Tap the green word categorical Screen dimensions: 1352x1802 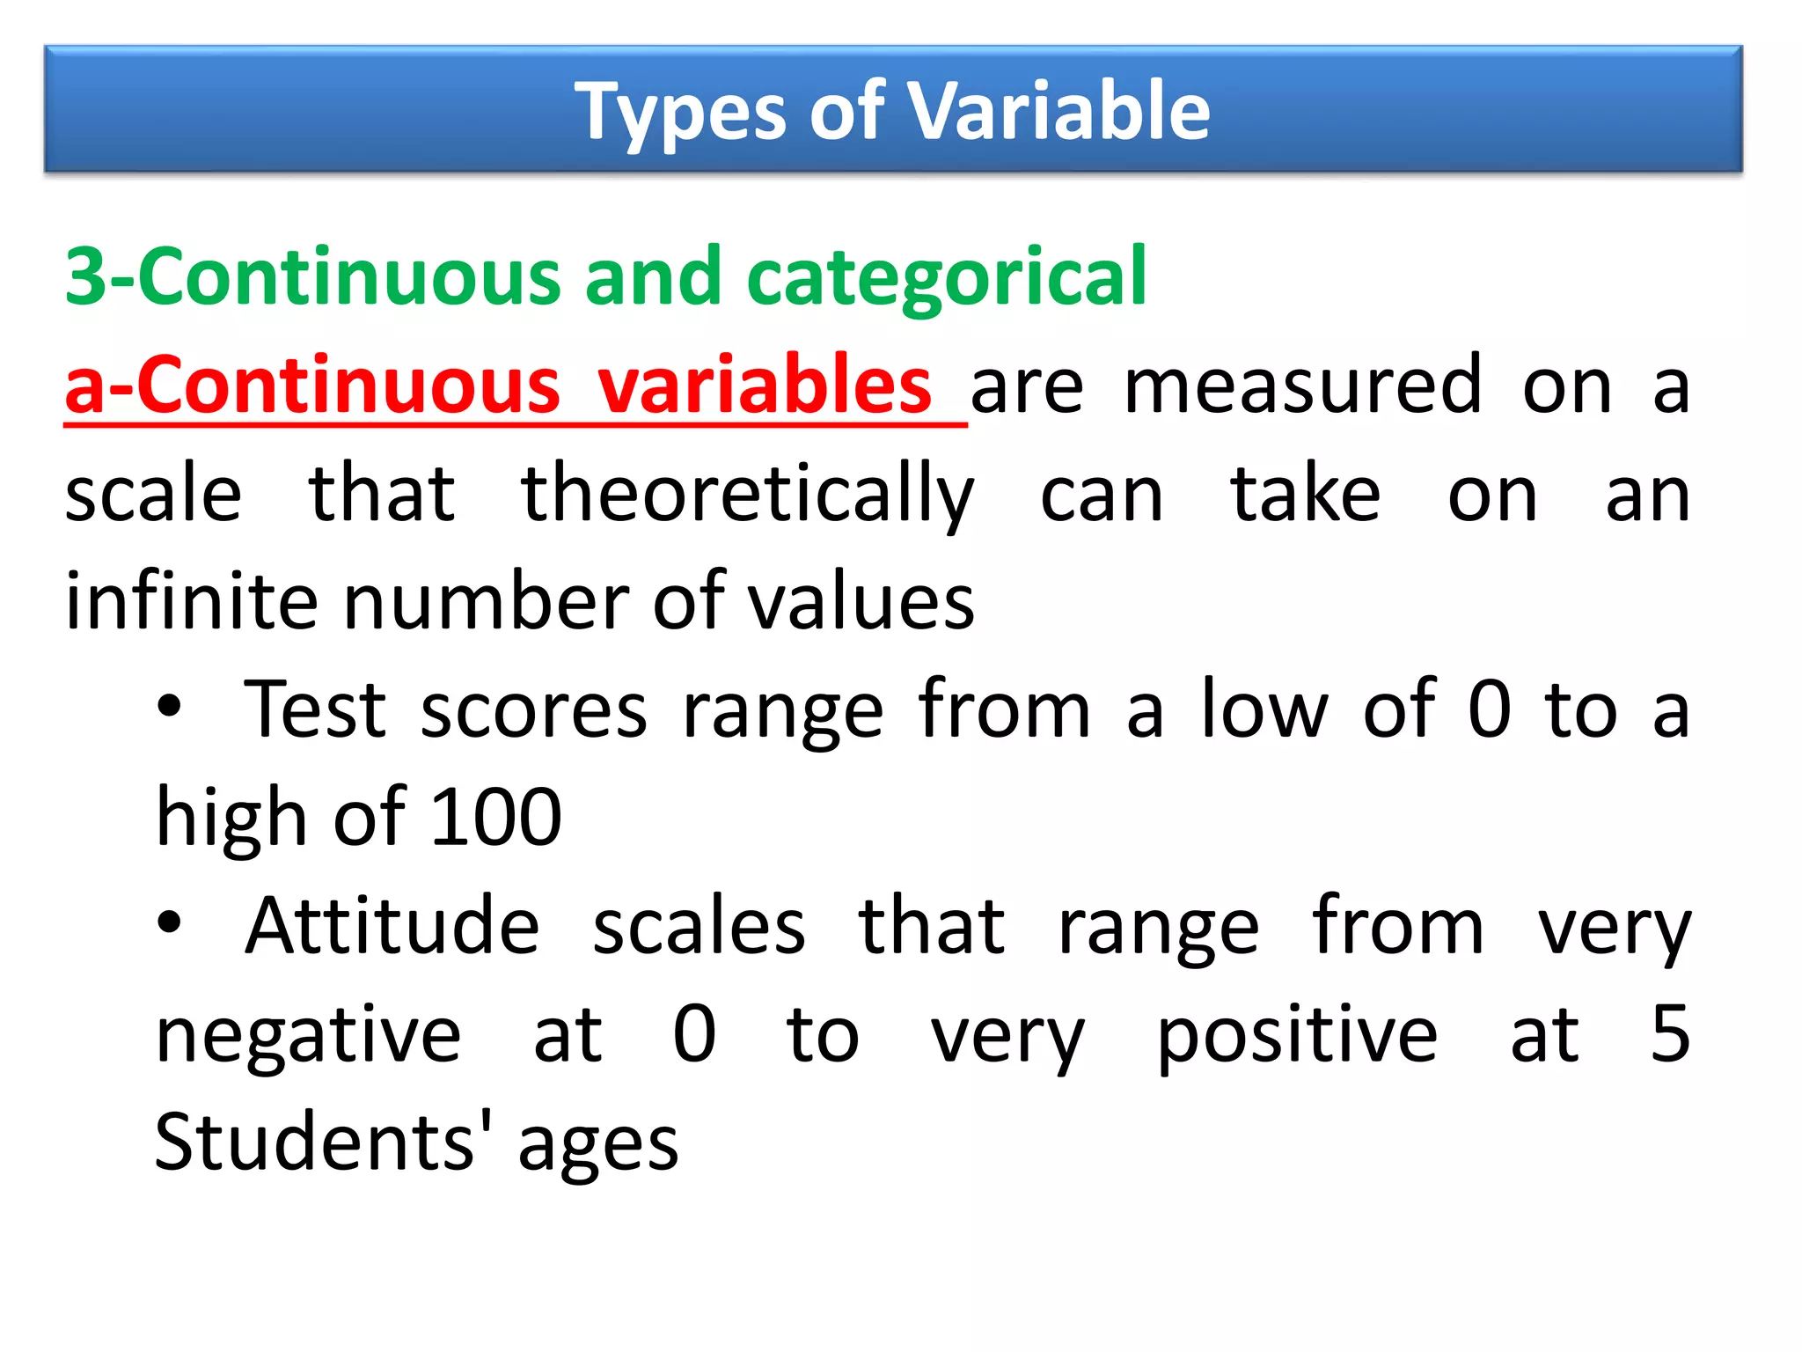coord(946,278)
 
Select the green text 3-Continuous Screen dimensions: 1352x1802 coord(312,276)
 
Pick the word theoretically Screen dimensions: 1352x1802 coord(747,496)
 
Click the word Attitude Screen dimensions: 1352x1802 coord(392,926)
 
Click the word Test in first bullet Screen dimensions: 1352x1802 coord(315,709)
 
